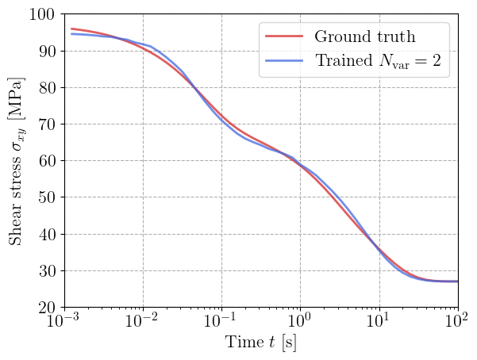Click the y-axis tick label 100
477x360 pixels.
click(42, 15)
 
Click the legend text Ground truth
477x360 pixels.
click(364, 36)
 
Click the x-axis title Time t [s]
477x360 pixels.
click(260, 345)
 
